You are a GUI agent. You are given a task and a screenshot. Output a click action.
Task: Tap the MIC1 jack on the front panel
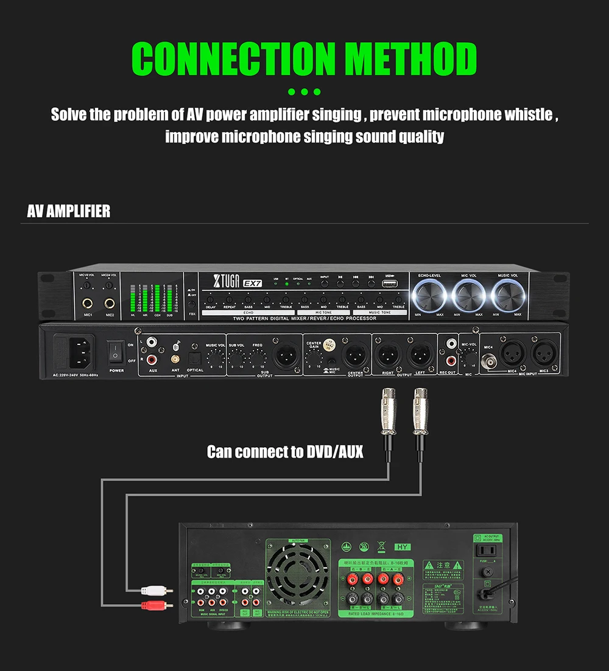tap(88, 302)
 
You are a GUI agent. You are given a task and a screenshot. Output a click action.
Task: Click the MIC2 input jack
tap(110, 302)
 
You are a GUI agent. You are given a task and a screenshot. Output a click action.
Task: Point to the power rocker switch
tap(116, 353)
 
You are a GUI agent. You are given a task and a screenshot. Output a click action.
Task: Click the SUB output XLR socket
tap(285, 355)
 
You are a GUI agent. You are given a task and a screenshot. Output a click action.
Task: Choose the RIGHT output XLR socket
tap(388, 355)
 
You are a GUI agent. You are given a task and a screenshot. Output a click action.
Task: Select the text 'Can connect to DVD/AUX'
tap(285, 452)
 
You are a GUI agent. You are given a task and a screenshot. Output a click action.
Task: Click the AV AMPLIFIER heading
tap(69, 211)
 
